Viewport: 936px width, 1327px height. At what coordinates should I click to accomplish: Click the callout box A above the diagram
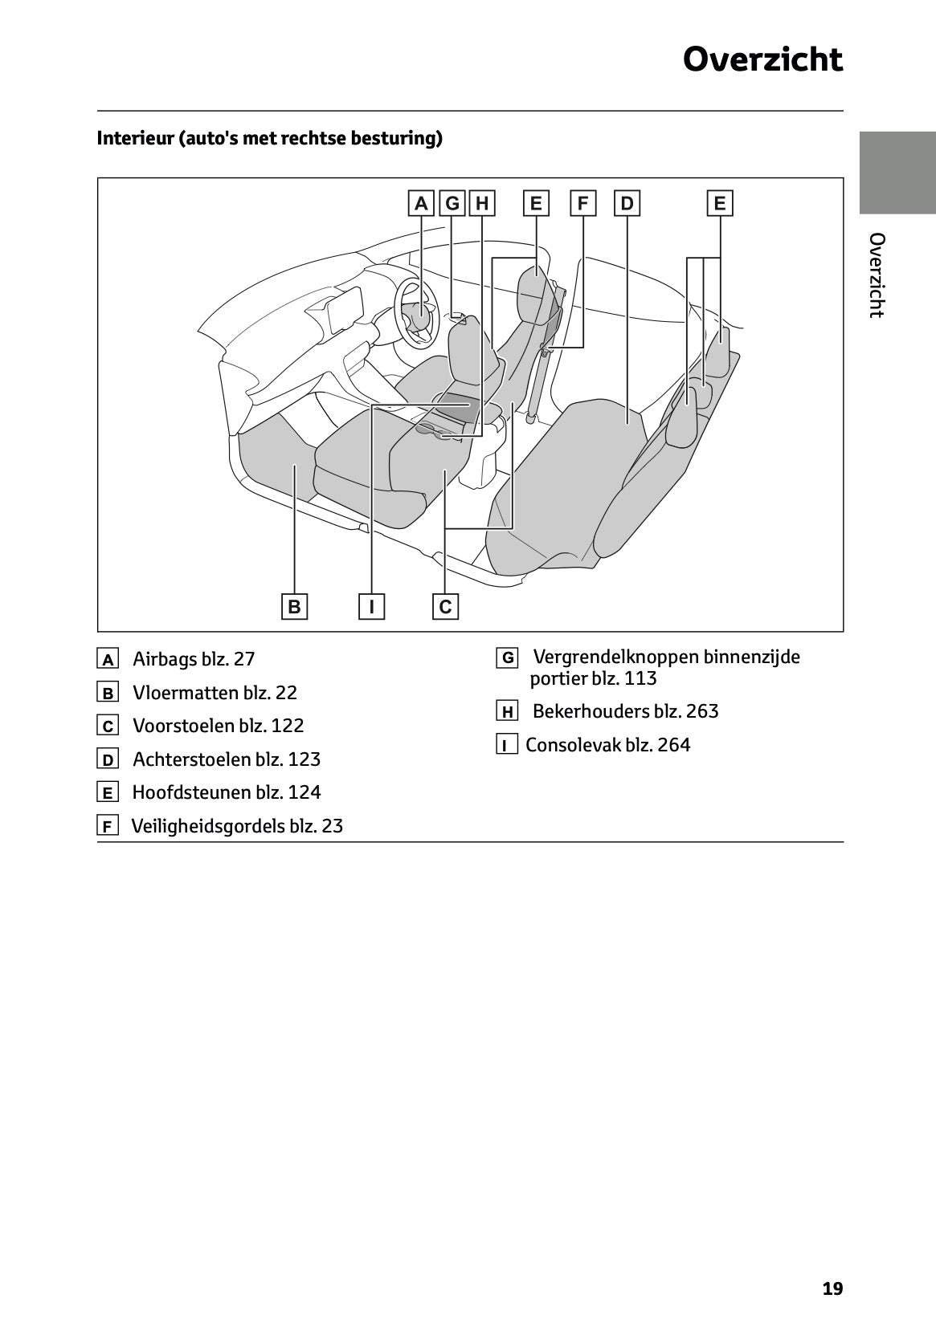click(420, 203)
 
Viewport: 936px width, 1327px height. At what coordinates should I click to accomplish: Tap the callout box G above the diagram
click(452, 203)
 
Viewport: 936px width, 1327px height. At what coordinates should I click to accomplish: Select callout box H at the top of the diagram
click(481, 203)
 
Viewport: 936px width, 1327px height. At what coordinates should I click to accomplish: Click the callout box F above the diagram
click(582, 203)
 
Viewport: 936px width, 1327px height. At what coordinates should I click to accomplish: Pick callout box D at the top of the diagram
click(627, 203)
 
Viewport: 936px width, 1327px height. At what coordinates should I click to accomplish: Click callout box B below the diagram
click(295, 606)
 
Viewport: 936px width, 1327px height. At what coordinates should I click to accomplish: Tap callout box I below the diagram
click(371, 606)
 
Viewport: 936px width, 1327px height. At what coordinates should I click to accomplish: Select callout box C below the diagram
click(445, 606)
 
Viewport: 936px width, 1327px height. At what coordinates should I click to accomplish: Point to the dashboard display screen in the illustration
click(346, 309)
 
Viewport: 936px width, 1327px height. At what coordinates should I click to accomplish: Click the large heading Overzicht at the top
click(762, 60)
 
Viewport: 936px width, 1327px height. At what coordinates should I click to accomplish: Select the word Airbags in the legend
click(165, 659)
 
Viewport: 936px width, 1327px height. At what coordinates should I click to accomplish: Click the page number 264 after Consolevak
click(673, 745)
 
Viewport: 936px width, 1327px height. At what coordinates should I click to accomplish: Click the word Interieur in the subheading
click(134, 138)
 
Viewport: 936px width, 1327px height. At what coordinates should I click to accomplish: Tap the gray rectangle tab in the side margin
click(897, 173)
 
